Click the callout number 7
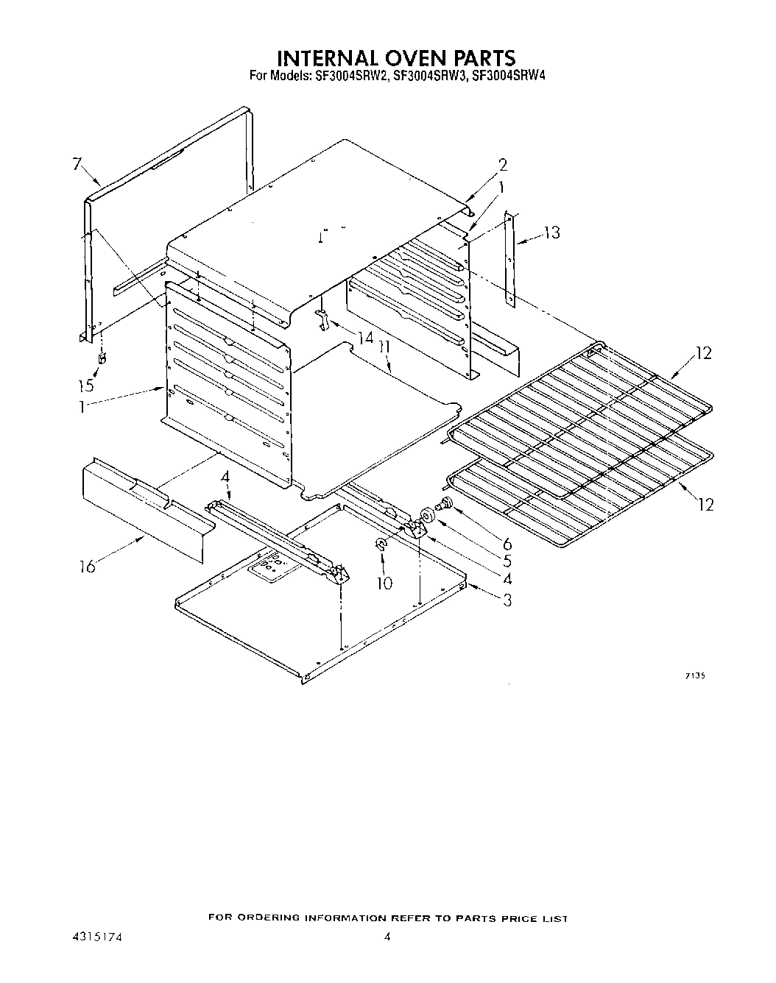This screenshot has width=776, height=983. click(x=77, y=164)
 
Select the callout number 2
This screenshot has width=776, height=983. click(x=503, y=164)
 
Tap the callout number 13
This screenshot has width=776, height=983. click(x=551, y=233)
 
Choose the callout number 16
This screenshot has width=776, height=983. click(x=88, y=567)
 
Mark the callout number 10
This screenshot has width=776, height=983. click(x=384, y=583)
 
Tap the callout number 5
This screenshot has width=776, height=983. click(x=507, y=560)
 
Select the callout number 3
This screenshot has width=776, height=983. click(x=507, y=600)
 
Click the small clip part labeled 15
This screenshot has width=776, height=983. click(x=102, y=358)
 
